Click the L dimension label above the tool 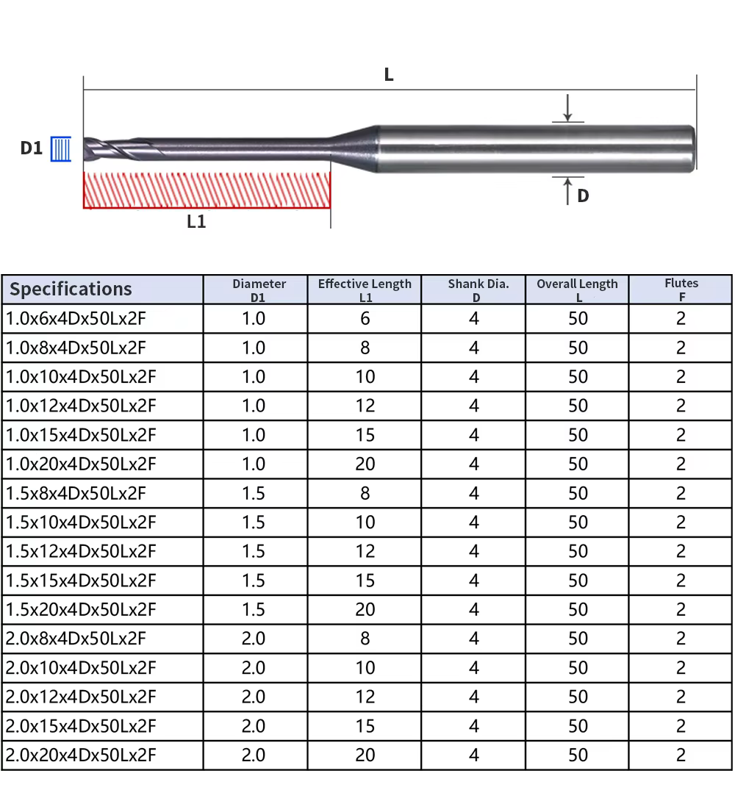(389, 74)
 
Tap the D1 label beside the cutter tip (31, 148)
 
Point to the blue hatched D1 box (61, 149)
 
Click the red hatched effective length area (207, 190)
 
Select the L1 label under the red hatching (196, 221)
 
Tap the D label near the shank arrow (583, 195)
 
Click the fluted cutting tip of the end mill (123, 148)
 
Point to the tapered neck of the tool (354, 148)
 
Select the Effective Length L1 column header (365, 290)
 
